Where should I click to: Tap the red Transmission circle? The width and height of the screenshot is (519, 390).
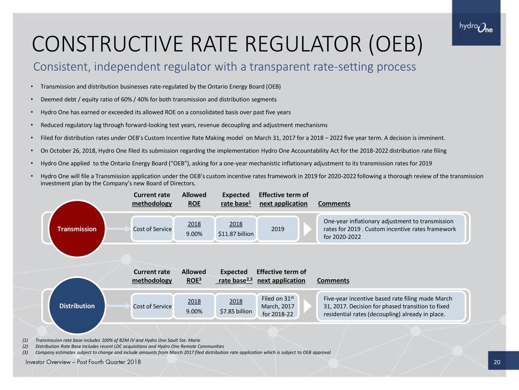[77, 229]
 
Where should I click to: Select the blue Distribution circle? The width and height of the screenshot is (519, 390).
[77, 306]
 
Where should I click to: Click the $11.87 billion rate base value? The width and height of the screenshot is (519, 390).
[236, 234]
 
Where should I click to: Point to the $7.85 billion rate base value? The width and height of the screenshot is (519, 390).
[236, 311]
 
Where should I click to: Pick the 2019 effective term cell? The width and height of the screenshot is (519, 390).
[277, 229]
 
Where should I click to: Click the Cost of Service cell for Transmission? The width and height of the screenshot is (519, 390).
[152, 229]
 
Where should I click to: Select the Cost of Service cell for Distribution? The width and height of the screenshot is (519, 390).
[152, 306]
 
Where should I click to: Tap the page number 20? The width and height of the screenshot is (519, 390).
[497, 362]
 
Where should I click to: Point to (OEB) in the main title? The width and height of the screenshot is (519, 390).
[395, 45]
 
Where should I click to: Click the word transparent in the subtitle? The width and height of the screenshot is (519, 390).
[280, 67]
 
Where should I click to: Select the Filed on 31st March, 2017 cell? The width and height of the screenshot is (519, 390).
[278, 306]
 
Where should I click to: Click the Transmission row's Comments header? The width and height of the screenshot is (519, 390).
[334, 204]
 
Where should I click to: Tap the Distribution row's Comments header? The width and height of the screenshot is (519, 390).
[333, 281]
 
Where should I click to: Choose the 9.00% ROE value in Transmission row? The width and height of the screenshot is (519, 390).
[194, 234]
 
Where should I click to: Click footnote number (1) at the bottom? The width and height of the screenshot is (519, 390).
[25, 340]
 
